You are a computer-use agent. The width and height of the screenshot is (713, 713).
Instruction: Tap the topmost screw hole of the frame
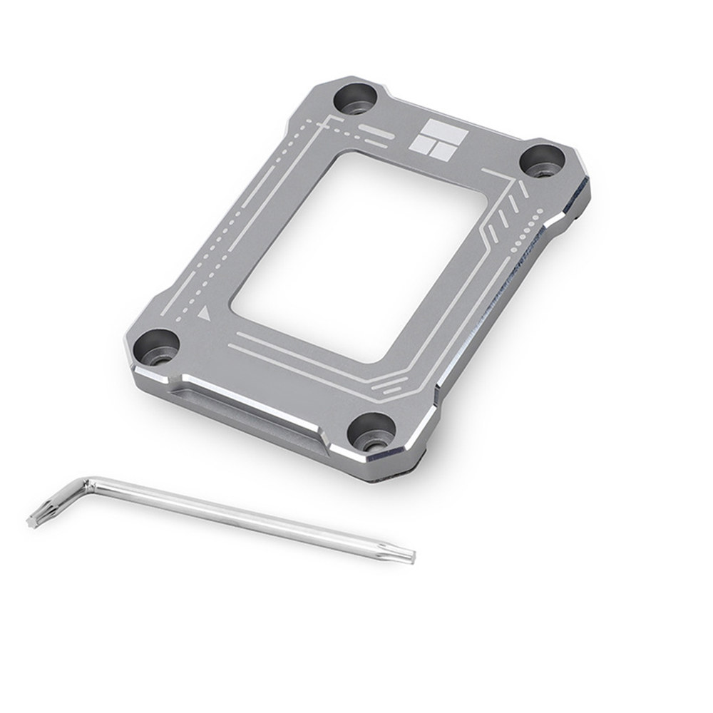tap(354, 99)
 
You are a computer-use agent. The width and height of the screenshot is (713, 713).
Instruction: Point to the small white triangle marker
tap(205, 312)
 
